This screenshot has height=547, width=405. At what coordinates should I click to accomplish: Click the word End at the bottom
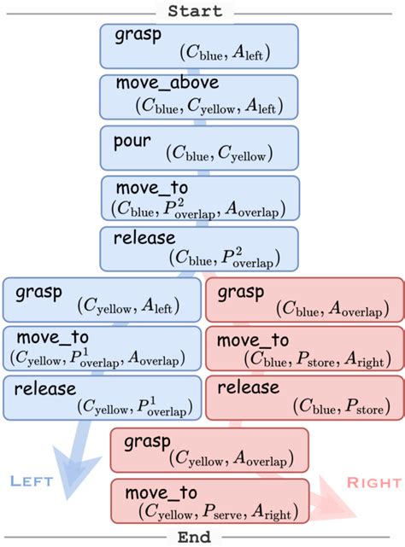[195, 537]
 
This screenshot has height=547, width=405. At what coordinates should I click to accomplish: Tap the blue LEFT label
[32, 481]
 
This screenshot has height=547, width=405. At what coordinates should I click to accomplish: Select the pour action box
[199, 147]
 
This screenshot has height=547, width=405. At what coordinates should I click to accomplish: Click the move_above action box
[199, 96]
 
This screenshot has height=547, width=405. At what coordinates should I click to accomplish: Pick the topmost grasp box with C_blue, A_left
[199, 45]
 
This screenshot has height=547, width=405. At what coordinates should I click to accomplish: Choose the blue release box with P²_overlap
[199, 247]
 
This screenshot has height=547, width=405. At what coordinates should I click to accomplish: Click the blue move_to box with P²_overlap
[199, 198]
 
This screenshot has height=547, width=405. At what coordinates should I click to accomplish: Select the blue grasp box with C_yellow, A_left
[101, 298]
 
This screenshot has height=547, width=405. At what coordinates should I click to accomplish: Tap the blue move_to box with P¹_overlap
[101, 348]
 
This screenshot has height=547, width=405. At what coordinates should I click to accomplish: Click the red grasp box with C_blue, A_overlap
[304, 298]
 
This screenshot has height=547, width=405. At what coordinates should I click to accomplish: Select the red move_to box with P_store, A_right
[304, 348]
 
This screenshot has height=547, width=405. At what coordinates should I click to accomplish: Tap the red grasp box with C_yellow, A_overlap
[209, 450]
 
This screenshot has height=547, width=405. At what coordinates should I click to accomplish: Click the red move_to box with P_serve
[209, 500]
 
